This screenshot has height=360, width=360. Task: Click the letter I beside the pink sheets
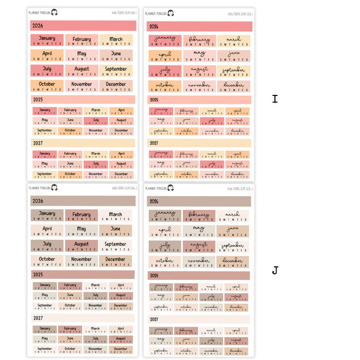coord(275,99)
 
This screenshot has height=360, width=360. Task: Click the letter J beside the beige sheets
coord(275,271)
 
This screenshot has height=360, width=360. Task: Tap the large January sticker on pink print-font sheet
coord(47,41)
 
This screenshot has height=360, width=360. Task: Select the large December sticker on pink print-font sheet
coord(116,86)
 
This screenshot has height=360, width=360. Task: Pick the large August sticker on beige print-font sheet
coord(82,246)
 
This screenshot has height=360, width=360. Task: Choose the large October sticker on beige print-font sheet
coord(47,262)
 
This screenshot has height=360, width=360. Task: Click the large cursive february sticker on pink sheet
coord(200,41)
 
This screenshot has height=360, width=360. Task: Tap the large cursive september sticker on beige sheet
coord(233,247)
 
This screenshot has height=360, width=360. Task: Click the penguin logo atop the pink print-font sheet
coord(55,11)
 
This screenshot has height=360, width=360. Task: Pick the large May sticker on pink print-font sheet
coord(82,55)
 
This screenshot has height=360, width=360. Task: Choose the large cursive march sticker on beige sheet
coord(233,215)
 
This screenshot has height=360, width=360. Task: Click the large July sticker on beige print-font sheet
coord(47,246)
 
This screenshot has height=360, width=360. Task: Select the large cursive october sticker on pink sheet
coord(165,86)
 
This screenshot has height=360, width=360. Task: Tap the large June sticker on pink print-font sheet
coord(116,55)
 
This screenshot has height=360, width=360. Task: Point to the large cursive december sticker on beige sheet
coord(233,262)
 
